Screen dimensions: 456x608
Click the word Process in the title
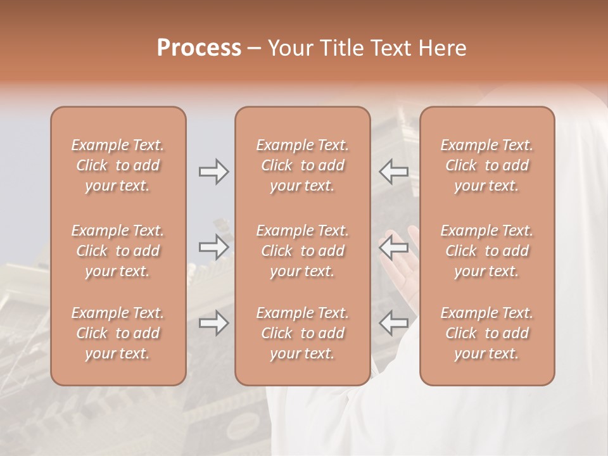(199, 48)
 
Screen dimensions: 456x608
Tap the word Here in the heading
(443, 48)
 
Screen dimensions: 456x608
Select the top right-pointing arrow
(213, 172)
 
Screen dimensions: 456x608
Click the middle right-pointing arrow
(213, 247)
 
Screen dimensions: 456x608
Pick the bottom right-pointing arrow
(213, 323)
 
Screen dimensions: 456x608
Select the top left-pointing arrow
(393, 172)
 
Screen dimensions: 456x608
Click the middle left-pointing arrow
(393, 247)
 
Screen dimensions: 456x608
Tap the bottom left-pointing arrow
(393, 323)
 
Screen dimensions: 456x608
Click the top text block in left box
(118, 165)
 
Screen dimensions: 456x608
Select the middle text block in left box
(118, 251)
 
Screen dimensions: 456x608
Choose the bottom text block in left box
(118, 333)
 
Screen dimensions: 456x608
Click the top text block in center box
(303, 165)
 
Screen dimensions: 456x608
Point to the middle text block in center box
(303, 251)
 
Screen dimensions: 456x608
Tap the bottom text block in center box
(303, 333)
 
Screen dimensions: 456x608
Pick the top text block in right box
(487, 165)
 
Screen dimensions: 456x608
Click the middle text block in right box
(487, 251)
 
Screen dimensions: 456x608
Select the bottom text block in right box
(487, 333)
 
